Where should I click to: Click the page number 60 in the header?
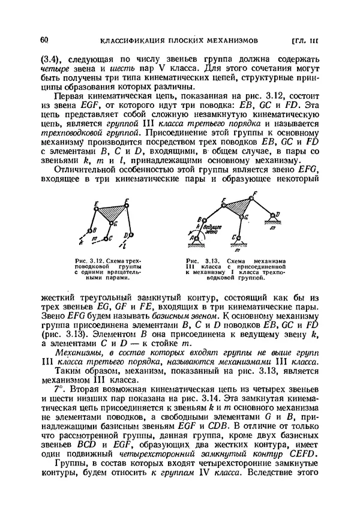tap(43, 40)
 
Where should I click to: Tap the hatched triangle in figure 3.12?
tap(110, 212)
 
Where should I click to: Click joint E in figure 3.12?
tap(97, 207)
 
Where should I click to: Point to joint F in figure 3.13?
tap(253, 193)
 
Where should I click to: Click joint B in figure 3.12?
tap(91, 230)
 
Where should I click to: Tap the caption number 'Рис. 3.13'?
tap(199, 261)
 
